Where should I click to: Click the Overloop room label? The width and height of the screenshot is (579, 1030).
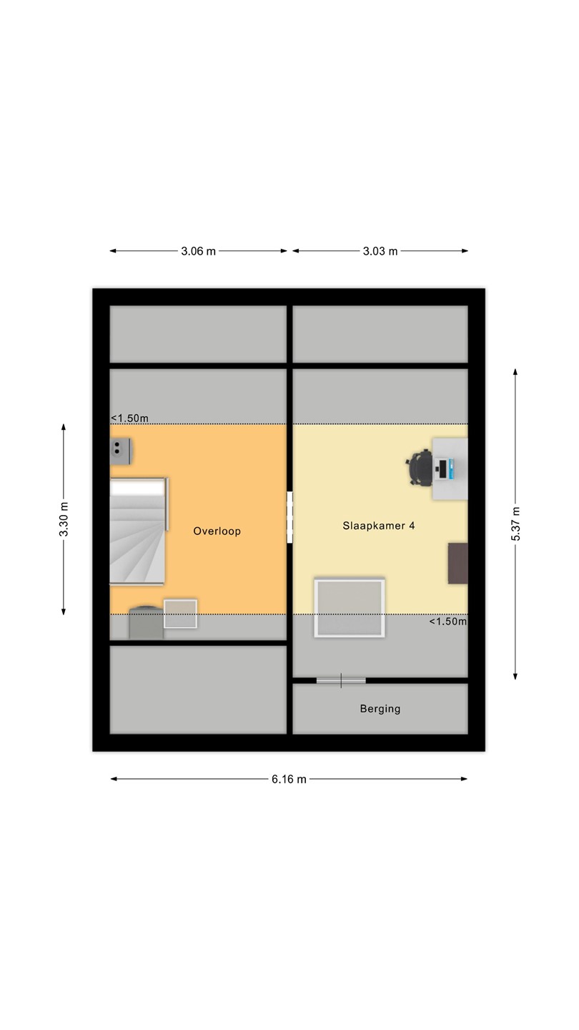217,531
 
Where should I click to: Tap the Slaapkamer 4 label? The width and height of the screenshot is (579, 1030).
379,526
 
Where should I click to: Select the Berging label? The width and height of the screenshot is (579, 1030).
380,709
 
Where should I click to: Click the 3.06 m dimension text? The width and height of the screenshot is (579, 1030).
198,251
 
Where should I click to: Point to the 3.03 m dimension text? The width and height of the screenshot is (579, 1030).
380,251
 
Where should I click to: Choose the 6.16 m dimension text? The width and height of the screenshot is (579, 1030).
289,779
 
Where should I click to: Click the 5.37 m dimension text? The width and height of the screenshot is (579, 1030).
515,524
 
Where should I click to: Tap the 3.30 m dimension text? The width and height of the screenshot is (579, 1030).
64,519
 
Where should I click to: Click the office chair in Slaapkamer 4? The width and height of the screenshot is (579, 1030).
420,468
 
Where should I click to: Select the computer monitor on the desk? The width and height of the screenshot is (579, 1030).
442,469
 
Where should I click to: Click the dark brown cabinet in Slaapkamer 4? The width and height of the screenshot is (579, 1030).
458,564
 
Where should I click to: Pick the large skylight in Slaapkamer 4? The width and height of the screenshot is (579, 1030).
350,608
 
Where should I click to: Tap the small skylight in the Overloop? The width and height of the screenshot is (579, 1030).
181,614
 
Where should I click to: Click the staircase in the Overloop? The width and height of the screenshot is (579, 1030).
139,531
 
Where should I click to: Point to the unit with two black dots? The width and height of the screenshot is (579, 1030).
121,451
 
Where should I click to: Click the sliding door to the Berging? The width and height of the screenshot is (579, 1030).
341,680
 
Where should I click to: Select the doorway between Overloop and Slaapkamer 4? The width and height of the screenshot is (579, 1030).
289,517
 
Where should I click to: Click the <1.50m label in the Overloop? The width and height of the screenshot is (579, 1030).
129,418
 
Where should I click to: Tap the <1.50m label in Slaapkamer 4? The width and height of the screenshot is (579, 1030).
448,622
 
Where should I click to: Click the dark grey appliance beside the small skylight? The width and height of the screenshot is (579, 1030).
146,622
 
